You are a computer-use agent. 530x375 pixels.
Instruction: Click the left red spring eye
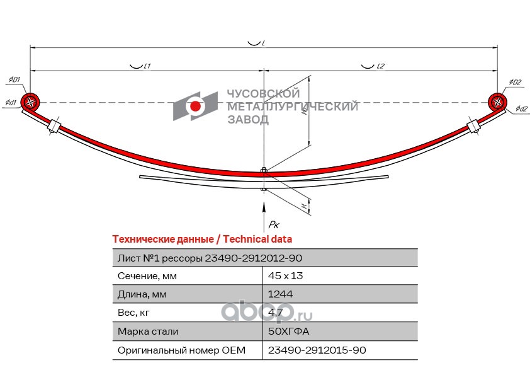[x=30, y=102]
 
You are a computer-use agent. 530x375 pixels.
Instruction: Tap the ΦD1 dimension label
[x=14, y=80]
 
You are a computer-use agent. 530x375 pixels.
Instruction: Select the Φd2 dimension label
[x=521, y=109]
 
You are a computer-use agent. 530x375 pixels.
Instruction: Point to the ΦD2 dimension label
[x=515, y=82]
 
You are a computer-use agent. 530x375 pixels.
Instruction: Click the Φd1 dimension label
[x=11, y=101]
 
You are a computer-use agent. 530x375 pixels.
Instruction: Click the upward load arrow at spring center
[x=263, y=207]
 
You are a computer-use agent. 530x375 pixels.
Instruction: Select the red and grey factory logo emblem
[x=195, y=106]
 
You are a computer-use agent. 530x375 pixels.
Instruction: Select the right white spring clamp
[x=473, y=125]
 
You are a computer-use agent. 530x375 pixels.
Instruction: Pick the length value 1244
[x=280, y=294]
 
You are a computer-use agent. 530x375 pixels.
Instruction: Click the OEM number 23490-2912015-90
[x=317, y=350]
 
